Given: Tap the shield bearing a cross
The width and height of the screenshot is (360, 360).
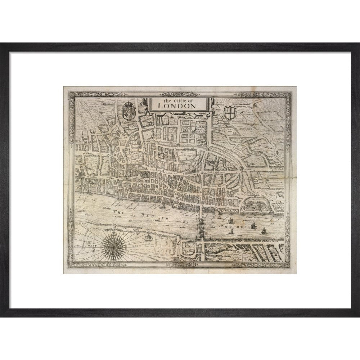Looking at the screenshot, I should (229, 112).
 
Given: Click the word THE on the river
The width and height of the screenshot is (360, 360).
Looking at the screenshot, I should (118, 213).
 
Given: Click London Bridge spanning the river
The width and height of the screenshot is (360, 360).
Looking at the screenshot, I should (200, 225).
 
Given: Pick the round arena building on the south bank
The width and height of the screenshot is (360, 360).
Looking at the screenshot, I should (147, 238).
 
